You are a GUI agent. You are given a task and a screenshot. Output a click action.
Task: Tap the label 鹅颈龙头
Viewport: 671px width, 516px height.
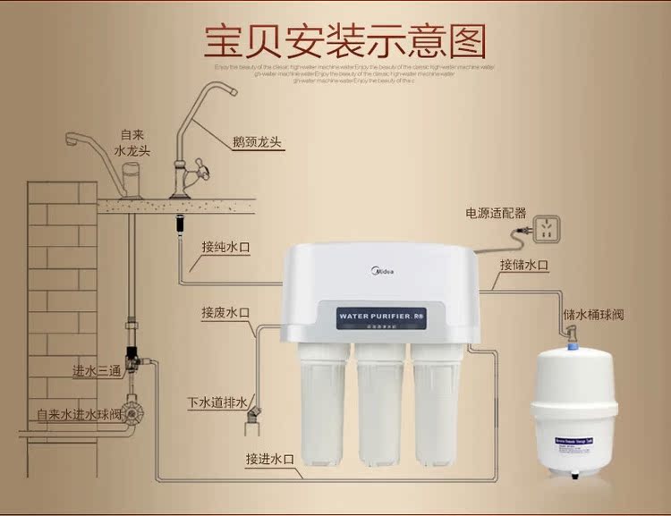point(256,142)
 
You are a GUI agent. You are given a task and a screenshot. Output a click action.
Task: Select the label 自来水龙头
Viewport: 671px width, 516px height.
point(133,142)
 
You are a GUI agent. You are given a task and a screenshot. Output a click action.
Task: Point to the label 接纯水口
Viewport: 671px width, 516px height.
point(226,247)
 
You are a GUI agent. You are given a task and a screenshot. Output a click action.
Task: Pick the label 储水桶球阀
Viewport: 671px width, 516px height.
point(594,314)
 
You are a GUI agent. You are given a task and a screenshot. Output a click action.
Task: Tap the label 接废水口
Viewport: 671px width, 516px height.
point(226,312)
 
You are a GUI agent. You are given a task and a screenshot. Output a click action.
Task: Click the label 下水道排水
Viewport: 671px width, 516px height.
point(216,402)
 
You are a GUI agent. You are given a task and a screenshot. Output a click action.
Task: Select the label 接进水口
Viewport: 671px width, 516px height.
point(270,459)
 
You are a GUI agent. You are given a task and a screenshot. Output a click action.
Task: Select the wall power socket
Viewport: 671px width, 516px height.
point(540,226)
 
